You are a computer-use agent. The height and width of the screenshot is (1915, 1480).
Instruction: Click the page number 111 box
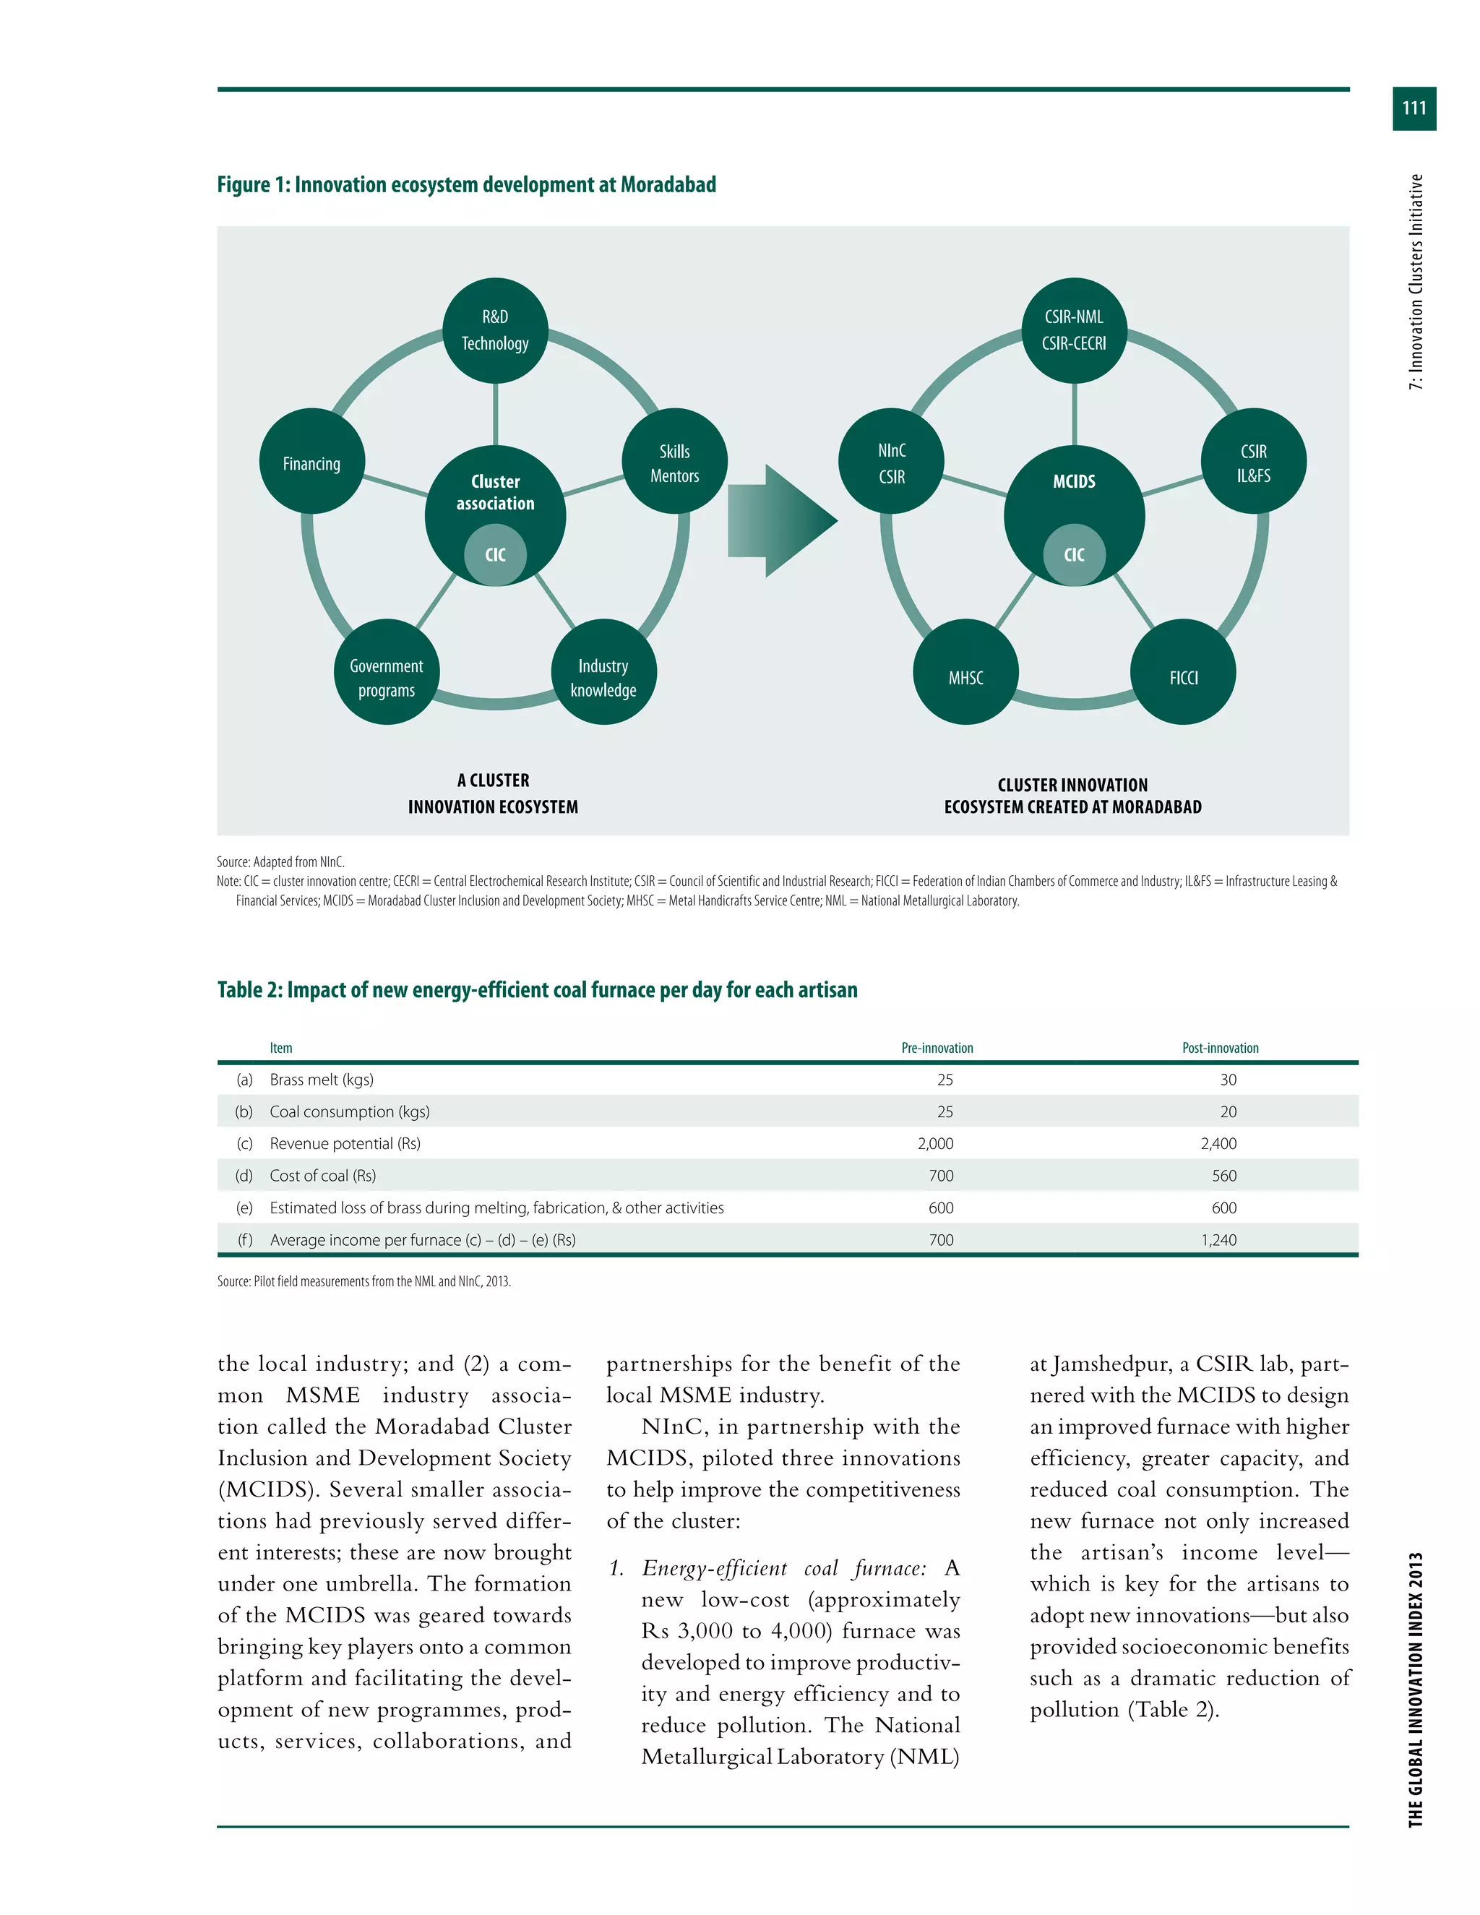[x=1414, y=108]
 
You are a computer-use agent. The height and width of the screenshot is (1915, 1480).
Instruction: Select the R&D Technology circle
[x=495, y=330]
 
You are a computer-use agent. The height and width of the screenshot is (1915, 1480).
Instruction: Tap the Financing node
[x=311, y=462]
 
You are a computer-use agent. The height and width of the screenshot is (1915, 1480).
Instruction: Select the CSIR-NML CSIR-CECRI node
[x=1074, y=330]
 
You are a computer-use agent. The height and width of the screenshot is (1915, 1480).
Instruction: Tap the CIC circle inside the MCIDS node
[x=1074, y=555]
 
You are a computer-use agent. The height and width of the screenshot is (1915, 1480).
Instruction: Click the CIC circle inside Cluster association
[x=495, y=555]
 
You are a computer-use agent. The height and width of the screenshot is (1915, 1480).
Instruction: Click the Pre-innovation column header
[x=937, y=1048]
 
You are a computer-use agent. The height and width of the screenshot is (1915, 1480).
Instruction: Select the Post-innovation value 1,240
[x=1218, y=1240]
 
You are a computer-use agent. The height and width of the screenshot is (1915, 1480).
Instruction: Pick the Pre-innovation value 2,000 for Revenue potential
[x=936, y=1143]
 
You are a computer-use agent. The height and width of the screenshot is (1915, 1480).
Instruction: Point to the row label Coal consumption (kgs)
[x=349, y=1112]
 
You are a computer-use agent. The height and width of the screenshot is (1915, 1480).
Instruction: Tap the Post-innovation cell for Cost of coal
[x=1224, y=1176]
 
